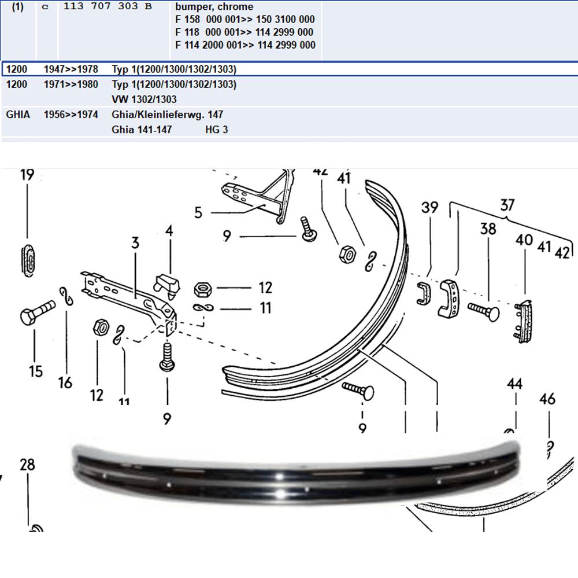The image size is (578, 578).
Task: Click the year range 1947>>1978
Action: [71, 69]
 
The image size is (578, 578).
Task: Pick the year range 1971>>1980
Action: [71, 84]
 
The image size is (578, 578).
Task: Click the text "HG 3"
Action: [217, 130]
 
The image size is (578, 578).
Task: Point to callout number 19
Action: [27, 174]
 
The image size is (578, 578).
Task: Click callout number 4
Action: [169, 232]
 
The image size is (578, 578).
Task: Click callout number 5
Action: [198, 213]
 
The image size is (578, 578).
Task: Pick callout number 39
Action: [429, 207]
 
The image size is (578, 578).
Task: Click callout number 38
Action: [488, 229]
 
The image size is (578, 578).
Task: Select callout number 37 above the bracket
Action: [507, 205]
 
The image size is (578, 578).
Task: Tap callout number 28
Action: [27, 464]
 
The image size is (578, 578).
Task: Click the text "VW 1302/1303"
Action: [144, 100]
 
